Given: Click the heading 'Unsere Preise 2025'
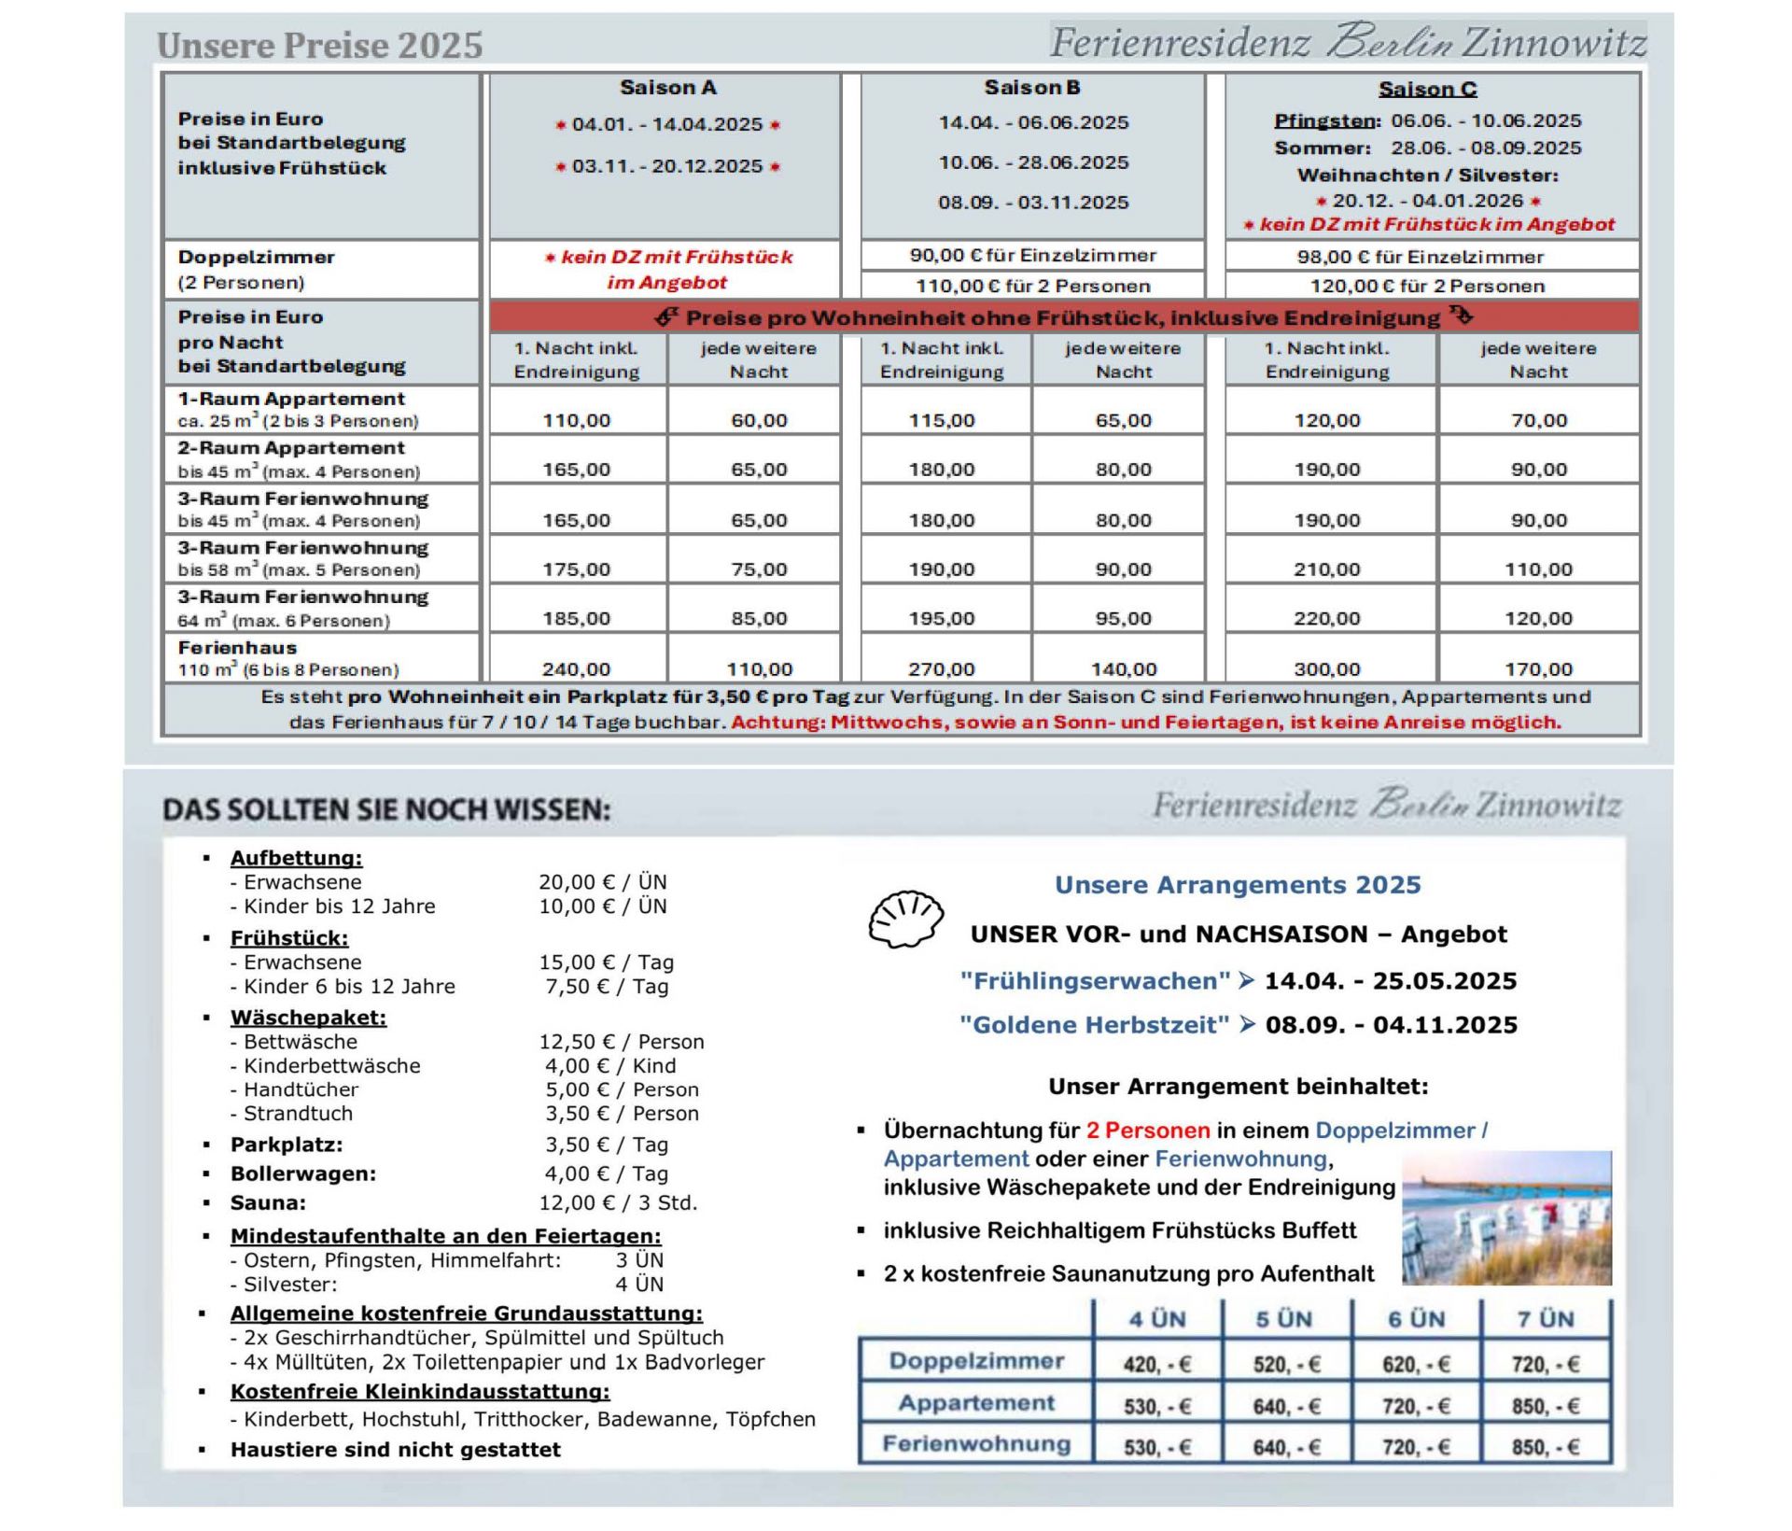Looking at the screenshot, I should pyautogui.click(x=319, y=45).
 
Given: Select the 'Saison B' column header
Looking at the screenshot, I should pyautogui.click(x=1031, y=88).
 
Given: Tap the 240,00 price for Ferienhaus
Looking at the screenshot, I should pyautogui.click(x=576, y=668).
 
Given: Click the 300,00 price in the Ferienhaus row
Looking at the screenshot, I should pyautogui.click(x=1326, y=668).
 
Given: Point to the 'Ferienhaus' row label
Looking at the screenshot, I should pyautogui.click(x=237, y=647).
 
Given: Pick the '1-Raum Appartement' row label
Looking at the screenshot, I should pyautogui.click(x=291, y=399).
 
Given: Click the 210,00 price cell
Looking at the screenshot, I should pyautogui.click(x=1326, y=569).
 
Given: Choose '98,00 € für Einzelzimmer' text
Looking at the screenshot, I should pyautogui.click(x=1420, y=257).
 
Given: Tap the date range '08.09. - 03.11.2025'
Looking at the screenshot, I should pyautogui.click(x=1033, y=203).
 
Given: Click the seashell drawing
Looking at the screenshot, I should pyautogui.click(x=904, y=920).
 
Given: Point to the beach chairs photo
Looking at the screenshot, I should pyautogui.click(x=1506, y=1217).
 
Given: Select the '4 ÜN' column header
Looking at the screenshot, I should pyautogui.click(x=1156, y=1319).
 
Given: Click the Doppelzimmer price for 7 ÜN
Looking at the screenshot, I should pyautogui.click(x=1545, y=1364).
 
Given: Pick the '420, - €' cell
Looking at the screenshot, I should pyautogui.click(x=1156, y=1364).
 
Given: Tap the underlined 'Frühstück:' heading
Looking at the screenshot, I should pyautogui.click(x=288, y=937).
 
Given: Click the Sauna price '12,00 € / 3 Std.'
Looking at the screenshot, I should pyautogui.click(x=618, y=1202).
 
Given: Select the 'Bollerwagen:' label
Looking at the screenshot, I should pyautogui.click(x=302, y=1173).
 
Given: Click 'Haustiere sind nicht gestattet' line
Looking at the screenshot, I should pyautogui.click(x=395, y=1449).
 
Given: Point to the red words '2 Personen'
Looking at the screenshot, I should pyautogui.click(x=1147, y=1131).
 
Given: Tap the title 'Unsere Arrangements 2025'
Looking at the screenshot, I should pyautogui.click(x=1237, y=884).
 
